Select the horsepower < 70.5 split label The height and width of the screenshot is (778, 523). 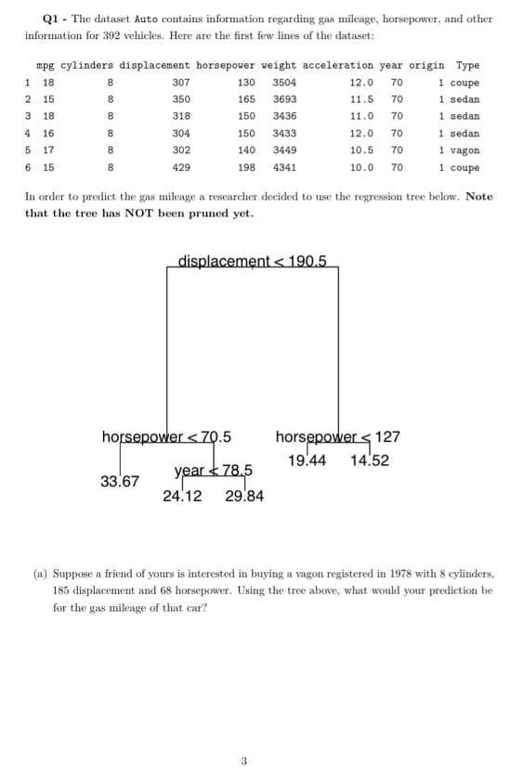(166, 436)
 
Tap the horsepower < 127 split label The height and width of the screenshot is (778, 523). (338, 436)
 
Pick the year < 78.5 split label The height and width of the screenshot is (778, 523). (214, 469)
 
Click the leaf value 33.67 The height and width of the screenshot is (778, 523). (120, 481)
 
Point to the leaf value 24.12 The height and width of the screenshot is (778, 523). (182, 496)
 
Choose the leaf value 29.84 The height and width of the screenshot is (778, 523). (244, 496)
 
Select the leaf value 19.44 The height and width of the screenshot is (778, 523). (307, 460)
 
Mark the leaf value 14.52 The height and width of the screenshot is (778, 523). (370, 460)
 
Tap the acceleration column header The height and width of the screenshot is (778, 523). (346, 66)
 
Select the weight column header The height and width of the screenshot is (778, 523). (279, 66)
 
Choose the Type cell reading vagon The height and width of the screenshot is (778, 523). (461, 150)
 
